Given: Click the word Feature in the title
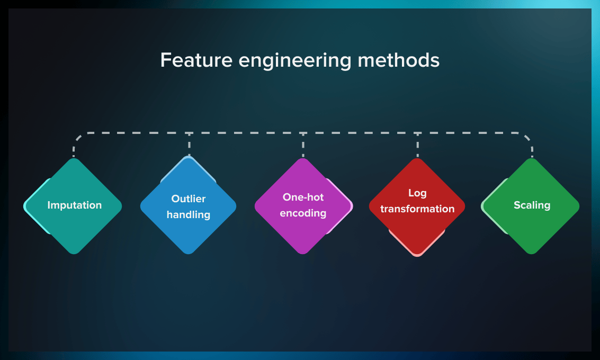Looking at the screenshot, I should click(196, 60).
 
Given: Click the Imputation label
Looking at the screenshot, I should click(74, 205).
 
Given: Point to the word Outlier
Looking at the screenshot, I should click(189, 199).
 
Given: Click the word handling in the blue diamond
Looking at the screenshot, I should click(189, 214).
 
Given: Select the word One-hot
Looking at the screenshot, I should click(303, 197).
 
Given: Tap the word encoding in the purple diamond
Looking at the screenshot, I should click(303, 213).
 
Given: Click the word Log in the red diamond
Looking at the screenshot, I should click(417, 193).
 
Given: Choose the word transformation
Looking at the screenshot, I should click(417, 209).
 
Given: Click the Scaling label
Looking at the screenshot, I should click(532, 205).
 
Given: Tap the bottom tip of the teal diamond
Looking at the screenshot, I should click(74, 252).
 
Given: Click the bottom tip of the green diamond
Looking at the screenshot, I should click(532, 252).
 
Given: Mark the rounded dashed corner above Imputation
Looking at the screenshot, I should click(78, 137).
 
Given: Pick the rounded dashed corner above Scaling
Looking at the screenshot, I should click(527, 137).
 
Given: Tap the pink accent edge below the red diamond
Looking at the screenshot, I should click(417, 255).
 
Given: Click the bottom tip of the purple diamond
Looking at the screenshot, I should click(303, 252).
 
